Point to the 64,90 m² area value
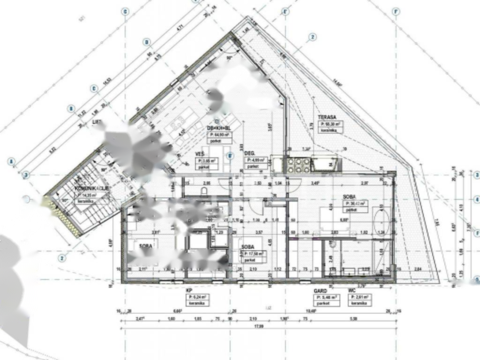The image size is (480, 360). [x=221, y=135]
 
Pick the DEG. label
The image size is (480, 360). [x=249, y=153]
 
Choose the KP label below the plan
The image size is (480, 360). [x=189, y=290]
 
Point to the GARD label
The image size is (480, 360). [x=320, y=291]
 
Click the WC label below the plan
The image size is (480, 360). [x=352, y=291]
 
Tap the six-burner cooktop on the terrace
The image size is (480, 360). [x=298, y=164]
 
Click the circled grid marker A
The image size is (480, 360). [x=11, y=162]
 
